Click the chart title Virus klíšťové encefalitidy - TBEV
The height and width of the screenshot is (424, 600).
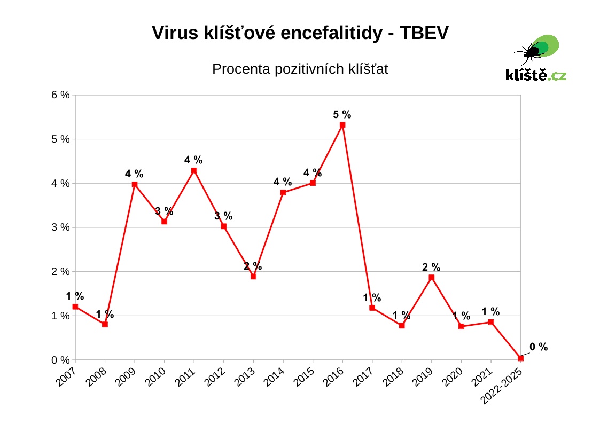tap(300, 33)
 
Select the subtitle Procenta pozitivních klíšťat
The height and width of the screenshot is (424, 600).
tap(300, 69)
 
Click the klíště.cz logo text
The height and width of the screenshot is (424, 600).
tap(535, 75)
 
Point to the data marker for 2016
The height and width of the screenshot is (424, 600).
tap(342, 125)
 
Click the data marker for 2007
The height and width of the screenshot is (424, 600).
tap(75, 307)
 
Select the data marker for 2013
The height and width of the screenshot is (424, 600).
tap(253, 277)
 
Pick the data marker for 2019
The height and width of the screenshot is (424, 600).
tap(431, 278)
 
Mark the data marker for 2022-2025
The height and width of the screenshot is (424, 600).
tap(520, 358)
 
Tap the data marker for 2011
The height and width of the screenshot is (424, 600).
tap(194, 171)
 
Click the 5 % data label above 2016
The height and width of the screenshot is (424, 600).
tap(342, 114)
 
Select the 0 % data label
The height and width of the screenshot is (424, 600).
tap(539, 347)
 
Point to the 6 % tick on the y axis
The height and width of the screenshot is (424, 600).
tap(60, 95)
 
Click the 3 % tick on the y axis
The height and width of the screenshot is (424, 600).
tap(60, 227)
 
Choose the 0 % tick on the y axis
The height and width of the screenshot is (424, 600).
tap(60, 360)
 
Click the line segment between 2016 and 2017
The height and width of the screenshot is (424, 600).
tap(357, 216)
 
